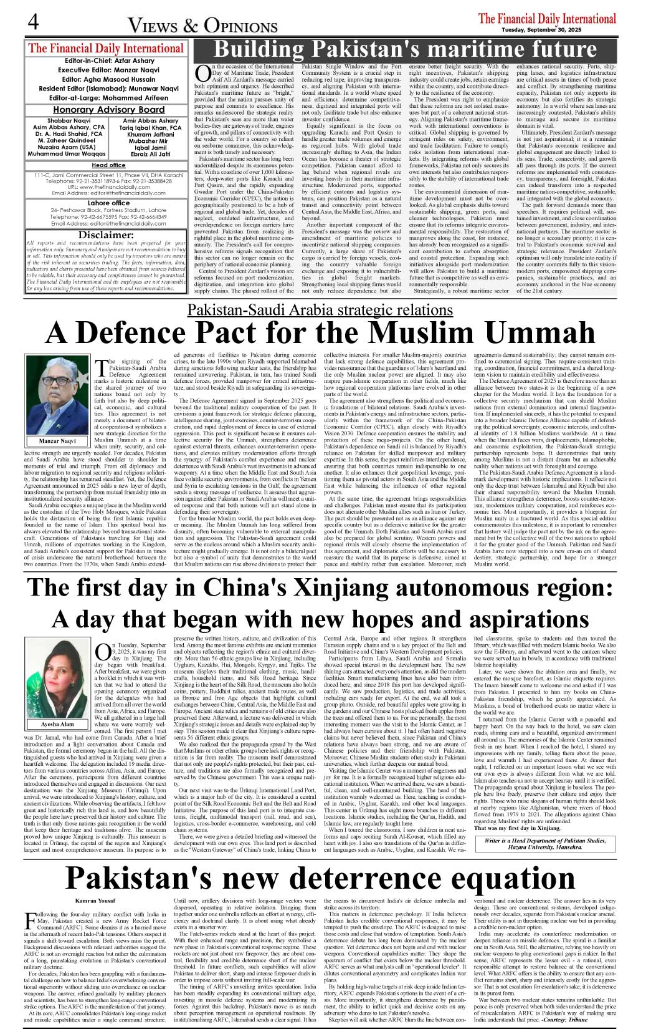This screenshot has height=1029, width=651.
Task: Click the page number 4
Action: tap(33, 22)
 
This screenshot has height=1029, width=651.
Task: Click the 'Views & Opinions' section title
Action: tap(202, 26)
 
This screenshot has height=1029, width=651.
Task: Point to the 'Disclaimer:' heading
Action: tap(106, 234)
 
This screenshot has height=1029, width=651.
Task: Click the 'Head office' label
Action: tap(108, 165)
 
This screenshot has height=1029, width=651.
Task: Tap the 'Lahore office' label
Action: tap(108, 203)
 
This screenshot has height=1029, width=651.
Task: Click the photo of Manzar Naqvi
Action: tap(57, 395)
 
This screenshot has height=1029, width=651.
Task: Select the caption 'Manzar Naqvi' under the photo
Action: tap(57, 441)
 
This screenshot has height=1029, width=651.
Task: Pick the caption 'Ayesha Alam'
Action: tap(57, 724)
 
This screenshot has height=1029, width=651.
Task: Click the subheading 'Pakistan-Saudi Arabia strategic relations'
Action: tap(320, 310)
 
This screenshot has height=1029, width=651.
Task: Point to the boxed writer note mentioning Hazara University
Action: tap(544, 844)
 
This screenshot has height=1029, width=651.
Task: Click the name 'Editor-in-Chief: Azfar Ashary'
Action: tap(109, 61)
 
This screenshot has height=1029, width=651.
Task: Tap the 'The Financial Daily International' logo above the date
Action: tap(547, 18)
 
